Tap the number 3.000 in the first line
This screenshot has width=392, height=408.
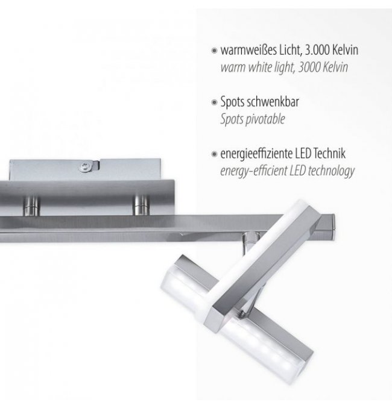click(317, 49)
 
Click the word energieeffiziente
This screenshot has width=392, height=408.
click(256, 154)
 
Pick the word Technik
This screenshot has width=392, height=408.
click(329, 153)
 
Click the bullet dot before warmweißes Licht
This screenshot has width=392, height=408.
click(214, 51)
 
